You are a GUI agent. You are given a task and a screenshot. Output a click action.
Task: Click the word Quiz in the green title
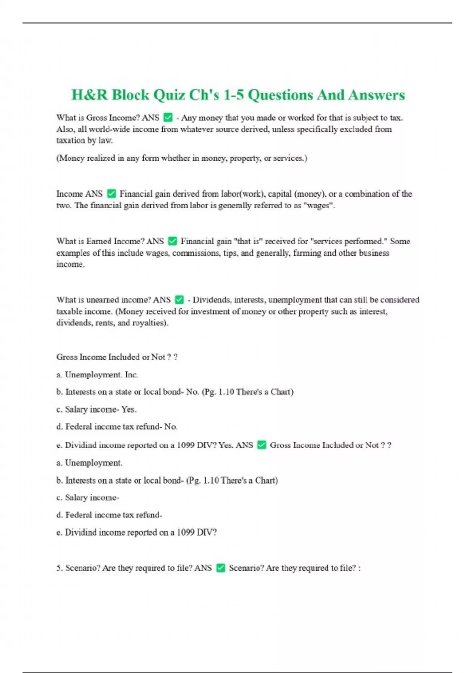coord(169,95)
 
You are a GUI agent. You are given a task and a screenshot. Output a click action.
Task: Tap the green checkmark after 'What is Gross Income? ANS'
coord(168,118)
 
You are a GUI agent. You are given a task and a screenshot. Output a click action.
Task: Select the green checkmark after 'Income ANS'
coord(112,194)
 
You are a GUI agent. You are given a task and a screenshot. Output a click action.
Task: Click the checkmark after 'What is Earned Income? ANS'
coord(173,241)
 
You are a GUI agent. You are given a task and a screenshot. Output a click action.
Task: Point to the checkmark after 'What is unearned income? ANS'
coord(179,300)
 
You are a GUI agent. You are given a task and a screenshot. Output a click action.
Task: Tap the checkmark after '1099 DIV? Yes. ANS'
coord(262,445)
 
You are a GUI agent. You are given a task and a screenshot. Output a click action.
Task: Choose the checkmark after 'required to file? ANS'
coord(221,568)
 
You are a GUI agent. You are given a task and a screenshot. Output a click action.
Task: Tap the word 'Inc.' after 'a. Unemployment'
coord(131,375)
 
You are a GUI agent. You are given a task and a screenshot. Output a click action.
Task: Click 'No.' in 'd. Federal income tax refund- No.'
coord(171,427)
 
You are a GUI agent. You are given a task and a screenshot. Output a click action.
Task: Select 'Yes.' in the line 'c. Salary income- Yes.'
coord(129,409)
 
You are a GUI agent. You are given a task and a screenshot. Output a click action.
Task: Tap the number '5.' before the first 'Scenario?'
coord(60,568)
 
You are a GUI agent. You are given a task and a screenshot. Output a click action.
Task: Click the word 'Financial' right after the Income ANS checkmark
coord(136,194)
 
